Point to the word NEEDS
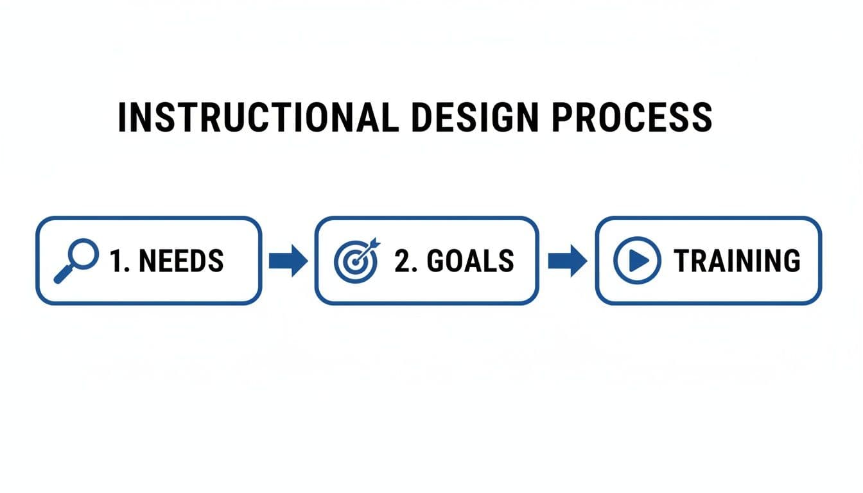[x=181, y=261]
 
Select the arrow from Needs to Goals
[x=288, y=260]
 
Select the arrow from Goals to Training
[x=567, y=260]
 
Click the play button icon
[x=636, y=260]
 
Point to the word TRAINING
[x=737, y=261]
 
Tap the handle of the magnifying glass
[x=63, y=274]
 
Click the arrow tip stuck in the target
[x=372, y=245]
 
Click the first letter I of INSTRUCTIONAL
[x=122, y=117]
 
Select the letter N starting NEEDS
[x=146, y=261]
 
